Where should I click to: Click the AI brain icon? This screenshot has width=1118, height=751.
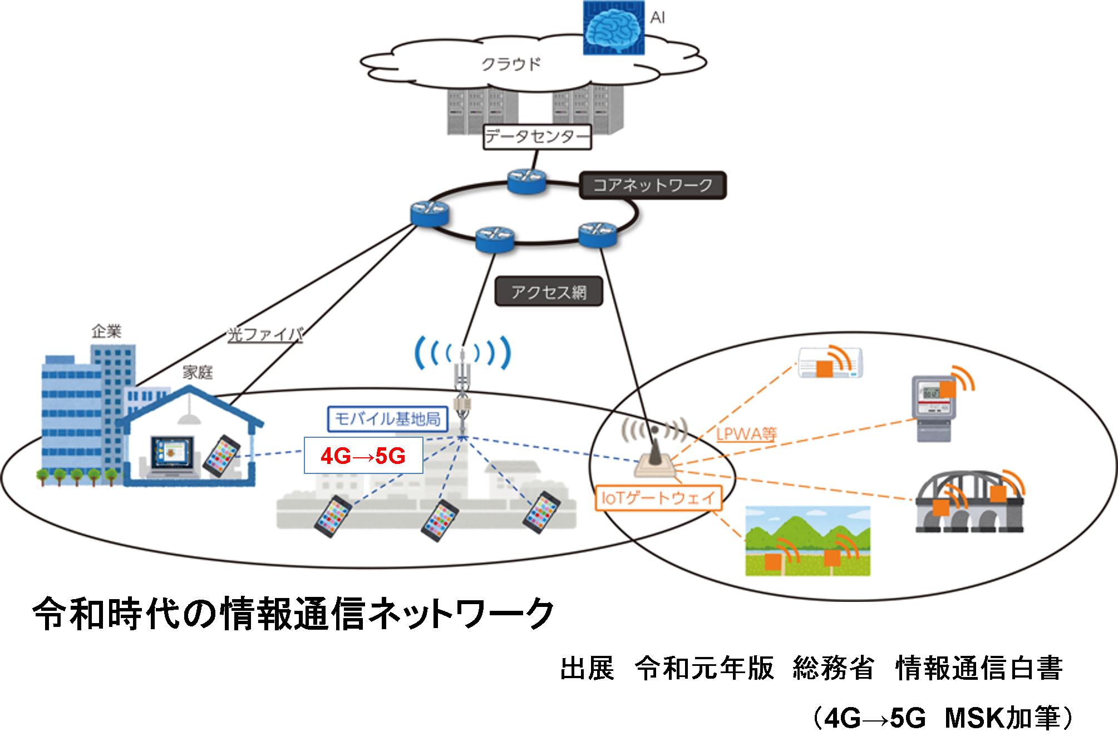(613, 28)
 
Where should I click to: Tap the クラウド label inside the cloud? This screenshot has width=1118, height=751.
(511, 64)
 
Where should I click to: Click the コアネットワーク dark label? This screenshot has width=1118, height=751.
(652, 185)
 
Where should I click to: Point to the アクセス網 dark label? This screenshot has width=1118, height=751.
(549, 291)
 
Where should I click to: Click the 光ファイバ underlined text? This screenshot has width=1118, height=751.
(265, 334)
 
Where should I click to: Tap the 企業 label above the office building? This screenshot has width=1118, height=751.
(106, 332)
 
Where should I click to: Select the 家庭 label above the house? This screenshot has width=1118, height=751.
(198, 372)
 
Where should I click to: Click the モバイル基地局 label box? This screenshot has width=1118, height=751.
(387, 419)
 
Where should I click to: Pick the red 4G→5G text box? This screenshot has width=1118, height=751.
(363, 456)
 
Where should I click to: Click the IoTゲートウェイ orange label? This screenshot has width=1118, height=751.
(658, 498)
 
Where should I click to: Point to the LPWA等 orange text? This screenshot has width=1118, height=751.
(746, 434)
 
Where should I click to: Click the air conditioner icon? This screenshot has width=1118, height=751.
(830, 363)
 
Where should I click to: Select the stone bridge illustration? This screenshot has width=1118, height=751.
(969, 503)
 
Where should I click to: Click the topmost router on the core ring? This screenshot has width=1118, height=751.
(526, 181)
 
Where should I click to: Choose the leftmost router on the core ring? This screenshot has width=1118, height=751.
(430, 213)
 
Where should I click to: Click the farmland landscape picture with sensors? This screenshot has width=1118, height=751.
(807, 541)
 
